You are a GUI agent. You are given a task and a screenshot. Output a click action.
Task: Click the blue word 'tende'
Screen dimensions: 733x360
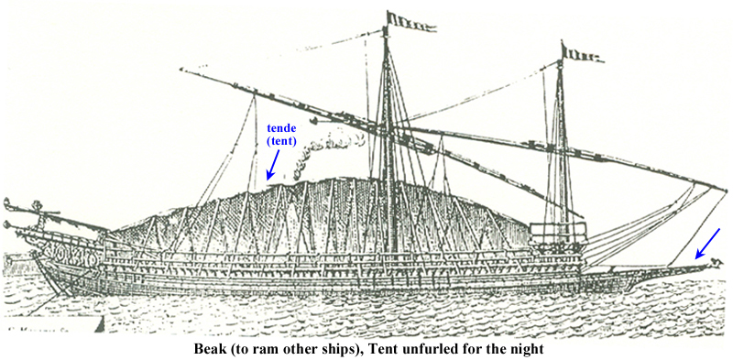tap(281, 130)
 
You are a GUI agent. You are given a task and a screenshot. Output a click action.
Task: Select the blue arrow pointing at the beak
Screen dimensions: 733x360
tap(707, 243)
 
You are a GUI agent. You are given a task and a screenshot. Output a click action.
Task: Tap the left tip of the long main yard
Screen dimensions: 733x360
tap(182, 69)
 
